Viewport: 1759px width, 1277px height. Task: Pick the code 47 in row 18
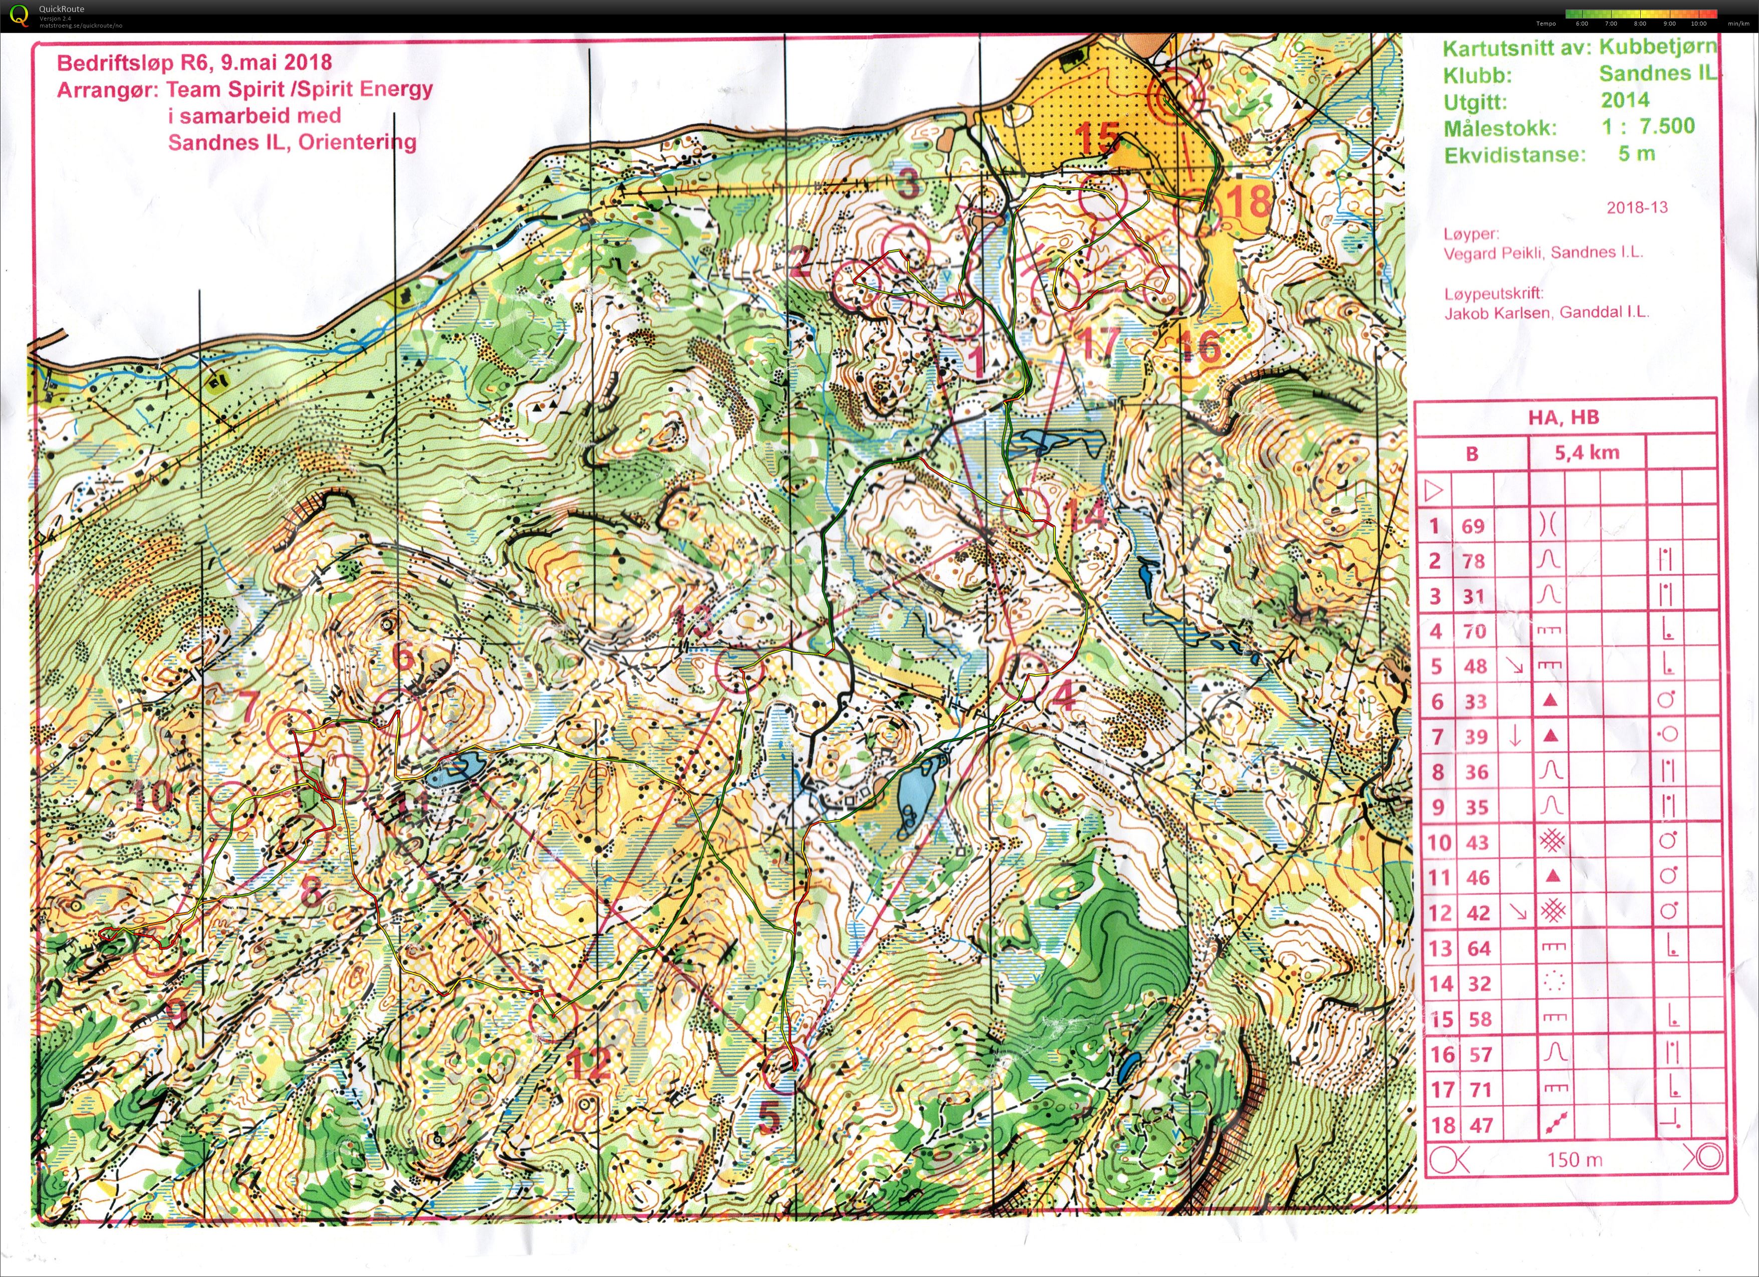point(1480,1125)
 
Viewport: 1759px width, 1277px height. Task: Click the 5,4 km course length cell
point(1586,452)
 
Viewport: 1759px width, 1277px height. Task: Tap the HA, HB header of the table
point(1564,417)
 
